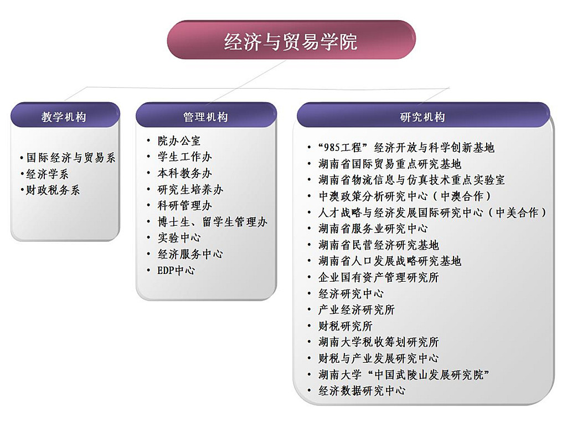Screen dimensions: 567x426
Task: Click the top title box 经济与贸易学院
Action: (x=291, y=40)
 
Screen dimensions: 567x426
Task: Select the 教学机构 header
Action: (x=65, y=115)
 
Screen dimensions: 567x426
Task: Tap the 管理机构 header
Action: (x=206, y=115)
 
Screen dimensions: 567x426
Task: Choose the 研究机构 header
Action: (x=423, y=115)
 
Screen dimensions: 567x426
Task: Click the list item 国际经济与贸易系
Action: (x=71, y=158)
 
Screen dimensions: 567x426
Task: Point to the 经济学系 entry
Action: (x=47, y=174)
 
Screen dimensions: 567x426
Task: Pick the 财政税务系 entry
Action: (x=53, y=190)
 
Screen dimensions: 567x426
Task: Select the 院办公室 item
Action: (x=179, y=140)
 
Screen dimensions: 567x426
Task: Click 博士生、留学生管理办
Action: (x=212, y=222)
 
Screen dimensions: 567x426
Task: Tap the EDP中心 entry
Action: (x=176, y=270)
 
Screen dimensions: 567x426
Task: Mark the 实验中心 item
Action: (x=179, y=237)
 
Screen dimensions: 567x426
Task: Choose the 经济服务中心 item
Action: (x=190, y=254)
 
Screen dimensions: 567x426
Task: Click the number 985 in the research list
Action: (x=332, y=148)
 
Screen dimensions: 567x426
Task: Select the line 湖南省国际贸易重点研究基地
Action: (x=390, y=164)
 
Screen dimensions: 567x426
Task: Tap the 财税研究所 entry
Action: (x=346, y=326)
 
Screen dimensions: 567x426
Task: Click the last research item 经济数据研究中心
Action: (x=362, y=390)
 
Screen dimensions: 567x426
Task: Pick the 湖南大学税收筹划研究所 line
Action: (x=379, y=342)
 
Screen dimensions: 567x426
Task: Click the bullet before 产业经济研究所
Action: (x=309, y=310)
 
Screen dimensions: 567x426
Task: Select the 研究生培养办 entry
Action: (x=190, y=189)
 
